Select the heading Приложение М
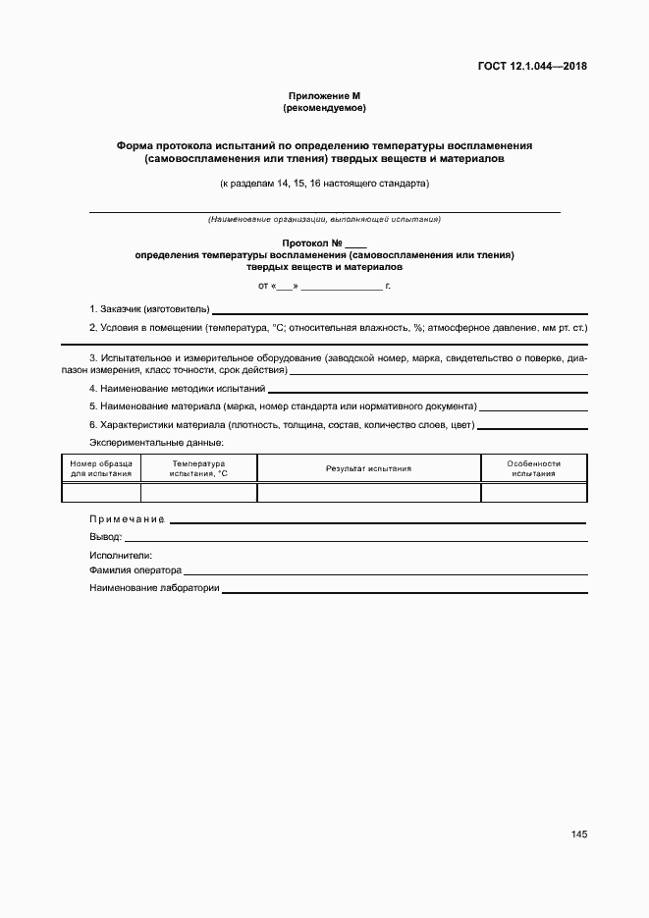[x=324, y=95]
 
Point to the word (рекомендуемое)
[x=324, y=107]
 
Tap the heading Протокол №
[x=311, y=243]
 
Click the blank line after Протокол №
[x=355, y=244]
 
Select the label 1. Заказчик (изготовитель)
[x=149, y=309]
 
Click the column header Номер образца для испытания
[x=101, y=468]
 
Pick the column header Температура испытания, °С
[x=198, y=468]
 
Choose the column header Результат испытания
[x=368, y=468]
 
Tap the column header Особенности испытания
[x=533, y=468]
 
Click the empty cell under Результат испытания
[x=368, y=493]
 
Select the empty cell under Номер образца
[x=101, y=493]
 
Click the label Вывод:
[x=105, y=537]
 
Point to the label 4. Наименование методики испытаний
[x=177, y=389]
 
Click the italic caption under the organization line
[x=324, y=219]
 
